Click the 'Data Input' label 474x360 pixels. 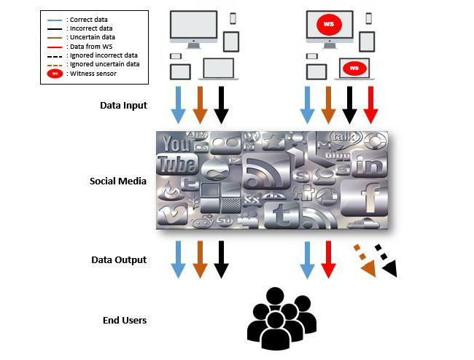[x=123, y=106]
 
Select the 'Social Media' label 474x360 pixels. [x=119, y=180]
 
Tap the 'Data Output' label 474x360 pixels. [x=119, y=259]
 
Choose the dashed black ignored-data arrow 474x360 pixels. [x=386, y=262]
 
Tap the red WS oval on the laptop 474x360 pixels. [x=354, y=68]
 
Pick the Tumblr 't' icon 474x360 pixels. [x=280, y=212]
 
